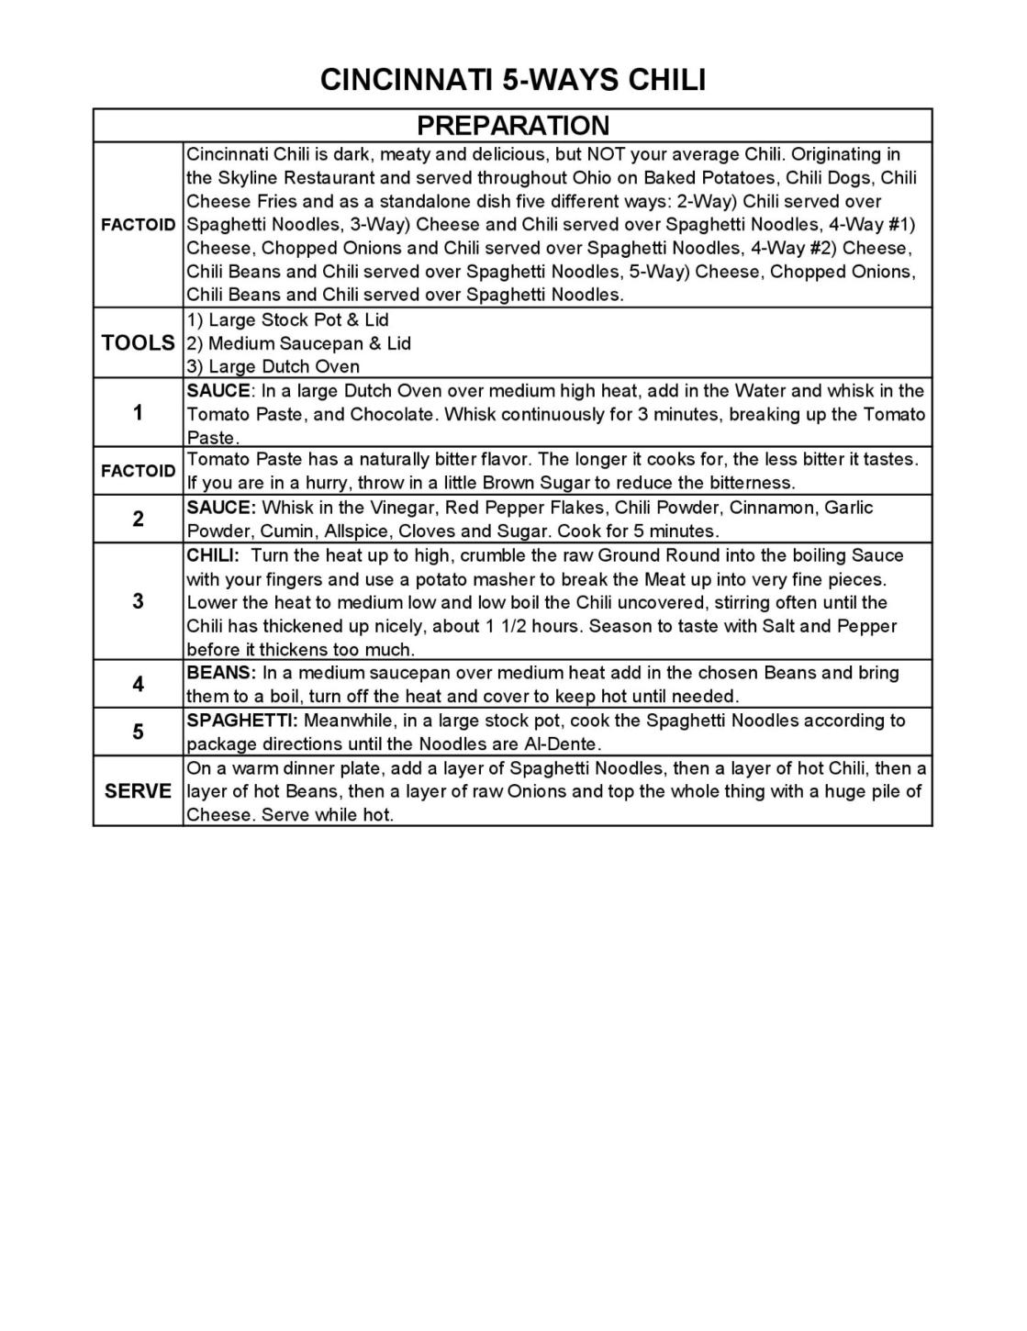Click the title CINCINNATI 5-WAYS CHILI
[x=513, y=80]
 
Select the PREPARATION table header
[x=513, y=126]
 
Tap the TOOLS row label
[x=138, y=343]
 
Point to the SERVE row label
[x=138, y=791]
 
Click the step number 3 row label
[x=138, y=602]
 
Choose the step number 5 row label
[x=138, y=732]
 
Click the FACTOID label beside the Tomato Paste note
[x=138, y=471]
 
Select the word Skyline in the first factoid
[x=248, y=178]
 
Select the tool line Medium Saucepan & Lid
[x=298, y=343]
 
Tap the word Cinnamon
[x=771, y=508]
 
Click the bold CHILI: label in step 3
[x=213, y=555]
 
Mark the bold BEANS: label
[x=220, y=673]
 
